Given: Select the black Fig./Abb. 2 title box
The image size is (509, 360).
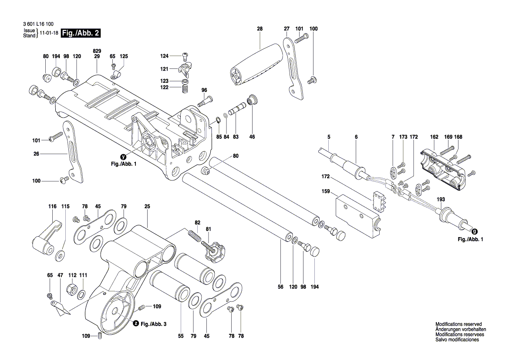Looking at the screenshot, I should (x=81, y=33).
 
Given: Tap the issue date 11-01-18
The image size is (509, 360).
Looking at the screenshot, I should (x=49, y=33).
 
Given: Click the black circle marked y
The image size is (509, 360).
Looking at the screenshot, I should (x=124, y=156).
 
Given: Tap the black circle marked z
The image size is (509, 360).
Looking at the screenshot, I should (x=135, y=324).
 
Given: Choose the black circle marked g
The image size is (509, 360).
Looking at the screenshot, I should (x=474, y=232).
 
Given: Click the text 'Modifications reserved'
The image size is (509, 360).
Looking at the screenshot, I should (x=458, y=325).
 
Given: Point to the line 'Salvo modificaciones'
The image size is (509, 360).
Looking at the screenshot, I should (x=457, y=340).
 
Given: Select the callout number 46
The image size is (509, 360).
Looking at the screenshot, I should (x=252, y=137).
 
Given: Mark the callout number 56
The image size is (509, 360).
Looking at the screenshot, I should (x=280, y=287).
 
